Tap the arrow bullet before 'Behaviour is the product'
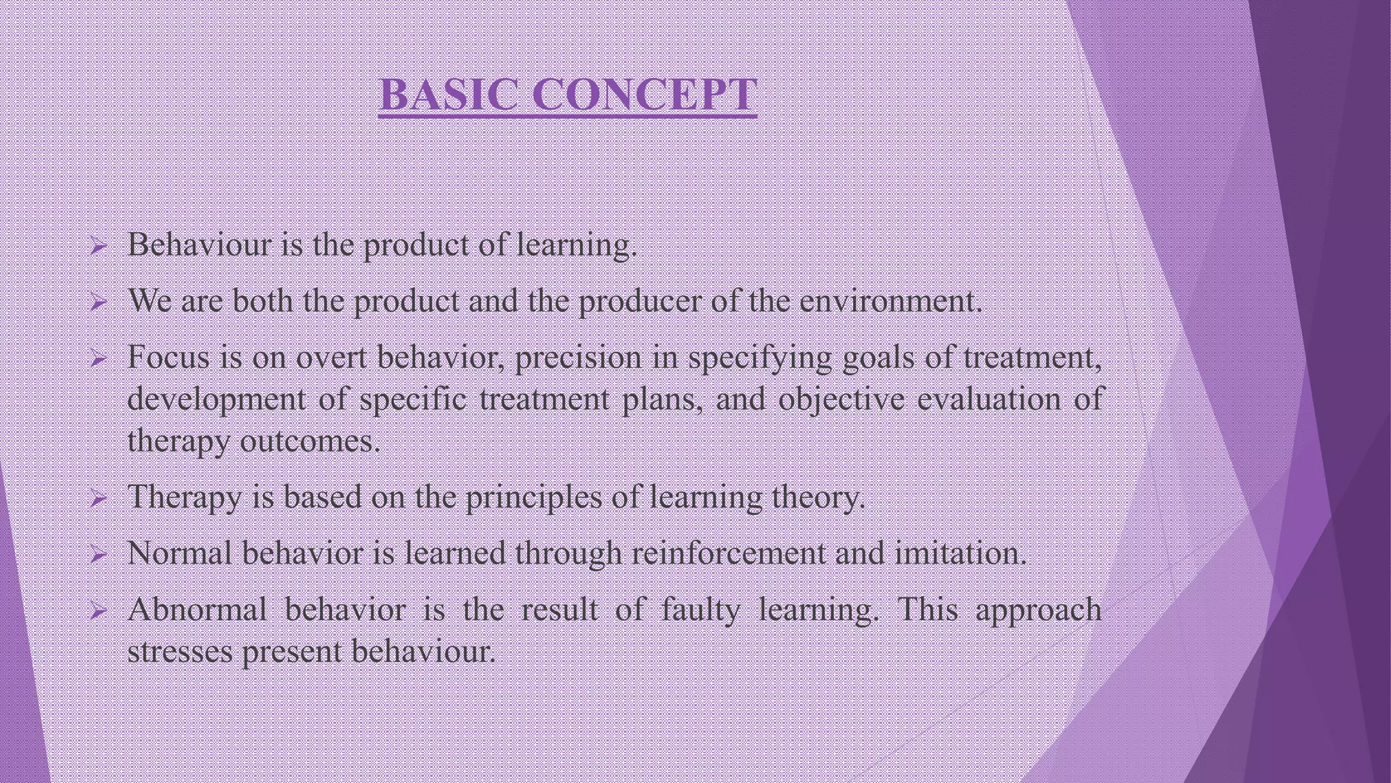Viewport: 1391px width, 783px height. pos(98,247)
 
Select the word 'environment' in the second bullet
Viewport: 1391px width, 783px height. pos(890,301)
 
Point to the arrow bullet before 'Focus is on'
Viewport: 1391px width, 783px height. pos(98,359)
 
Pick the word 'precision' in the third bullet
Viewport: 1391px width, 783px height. pos(578,359)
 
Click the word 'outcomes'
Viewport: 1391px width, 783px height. pos(310,442)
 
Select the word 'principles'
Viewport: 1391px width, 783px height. pos(533,498)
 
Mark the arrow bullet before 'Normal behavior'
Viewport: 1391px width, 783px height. pos(98,556)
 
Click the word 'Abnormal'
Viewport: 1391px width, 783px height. pos(197,609)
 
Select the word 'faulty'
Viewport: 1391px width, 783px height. pos(700,610)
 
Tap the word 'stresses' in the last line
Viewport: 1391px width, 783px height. pos(181,652)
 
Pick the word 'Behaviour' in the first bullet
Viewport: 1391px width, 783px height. pos(200,245)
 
